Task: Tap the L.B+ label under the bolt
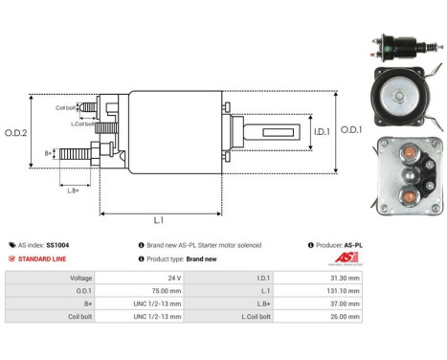coord(73,191)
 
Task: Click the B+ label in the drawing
coord(49,152)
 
